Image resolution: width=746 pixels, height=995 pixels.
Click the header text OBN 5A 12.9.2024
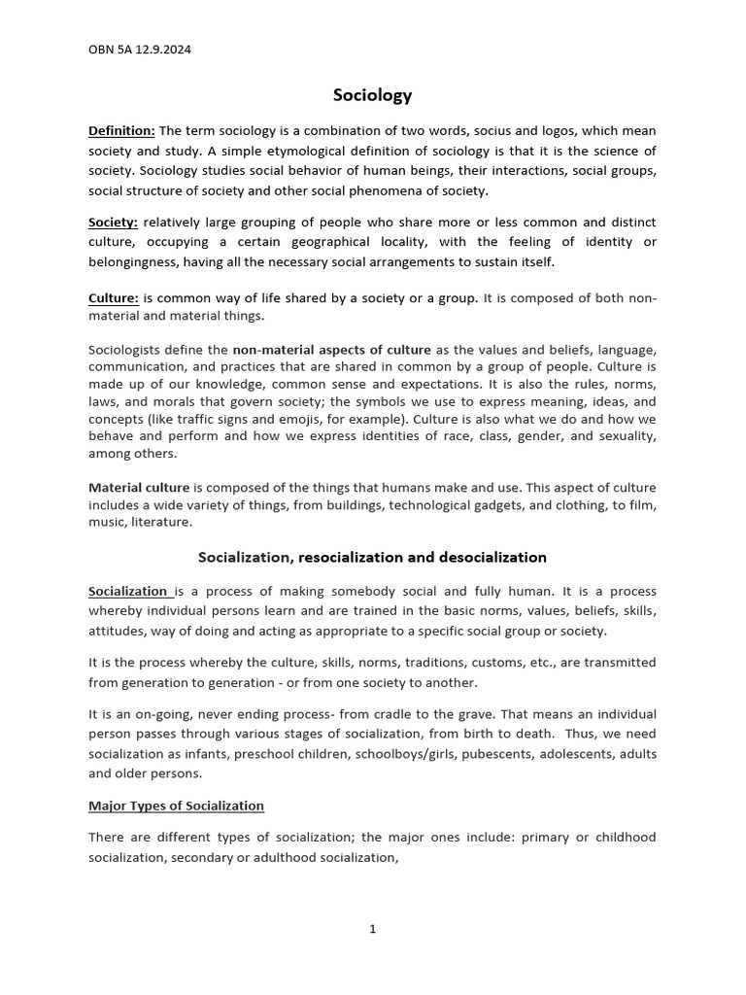point(139,51)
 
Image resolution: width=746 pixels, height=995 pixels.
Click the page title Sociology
point(372,94)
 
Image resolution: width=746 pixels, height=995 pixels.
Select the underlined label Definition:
point(121,131)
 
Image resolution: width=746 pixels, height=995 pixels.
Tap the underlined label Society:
point(113,223)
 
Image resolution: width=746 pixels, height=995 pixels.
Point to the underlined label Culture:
point(114,298)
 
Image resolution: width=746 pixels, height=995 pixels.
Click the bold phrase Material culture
point(139,488)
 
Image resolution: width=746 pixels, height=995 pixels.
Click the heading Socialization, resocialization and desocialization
point(372,558)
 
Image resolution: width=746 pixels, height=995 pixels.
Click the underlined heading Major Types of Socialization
point(176,806)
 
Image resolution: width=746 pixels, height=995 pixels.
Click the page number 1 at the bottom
point(372,929)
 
